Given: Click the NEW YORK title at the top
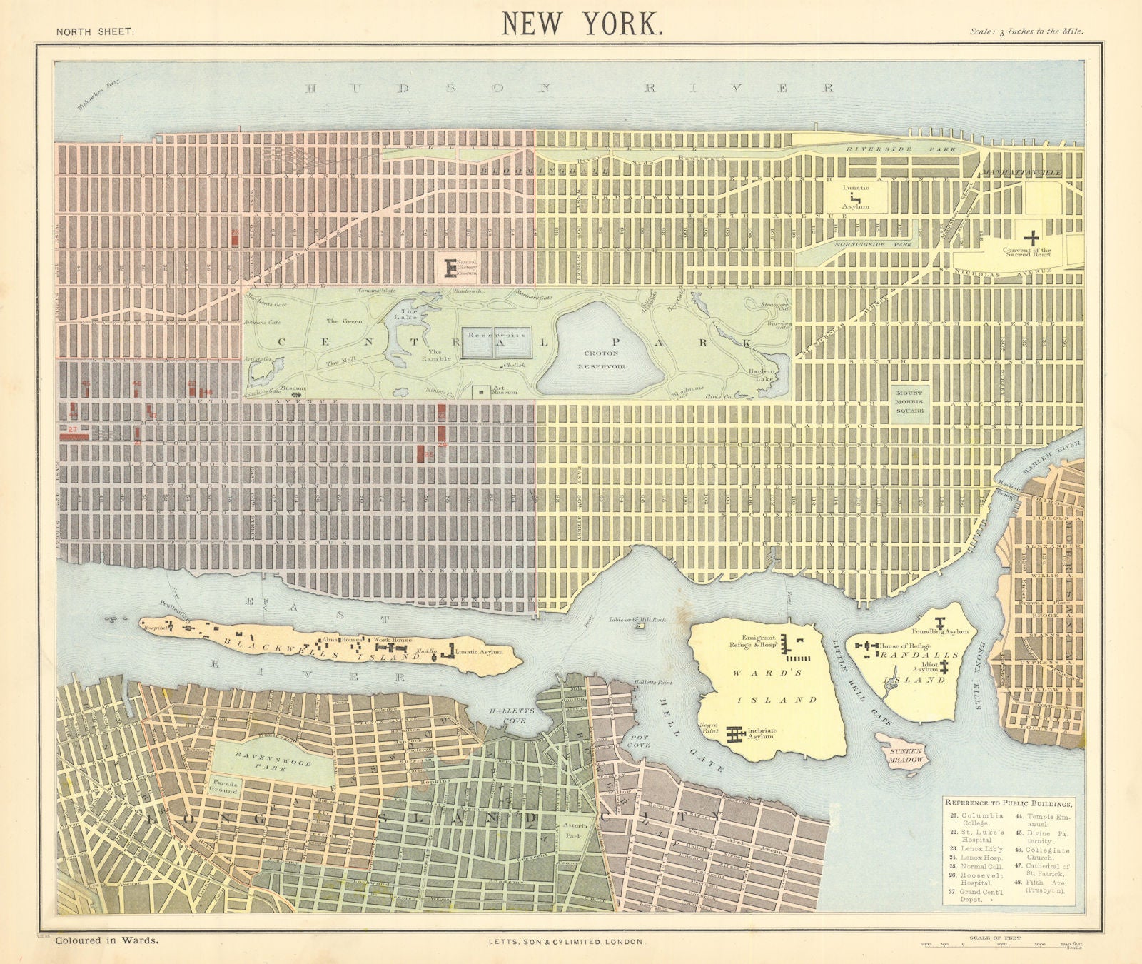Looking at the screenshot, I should [582, 24].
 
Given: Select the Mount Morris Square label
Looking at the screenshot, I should [909, 402].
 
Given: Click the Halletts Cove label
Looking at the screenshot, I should [508, 716].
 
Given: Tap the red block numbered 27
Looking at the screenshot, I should [74, 431].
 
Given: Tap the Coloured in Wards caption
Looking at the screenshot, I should [107, 941].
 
